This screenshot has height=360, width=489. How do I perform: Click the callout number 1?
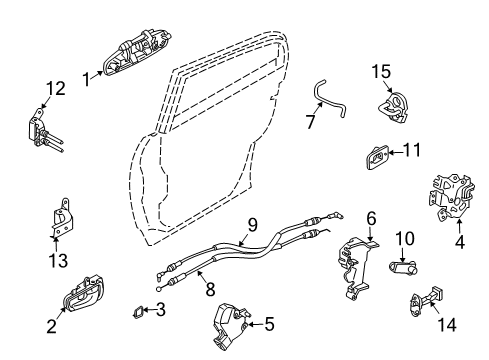click(87, 76)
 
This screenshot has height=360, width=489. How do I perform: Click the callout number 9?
click(253, 225)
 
